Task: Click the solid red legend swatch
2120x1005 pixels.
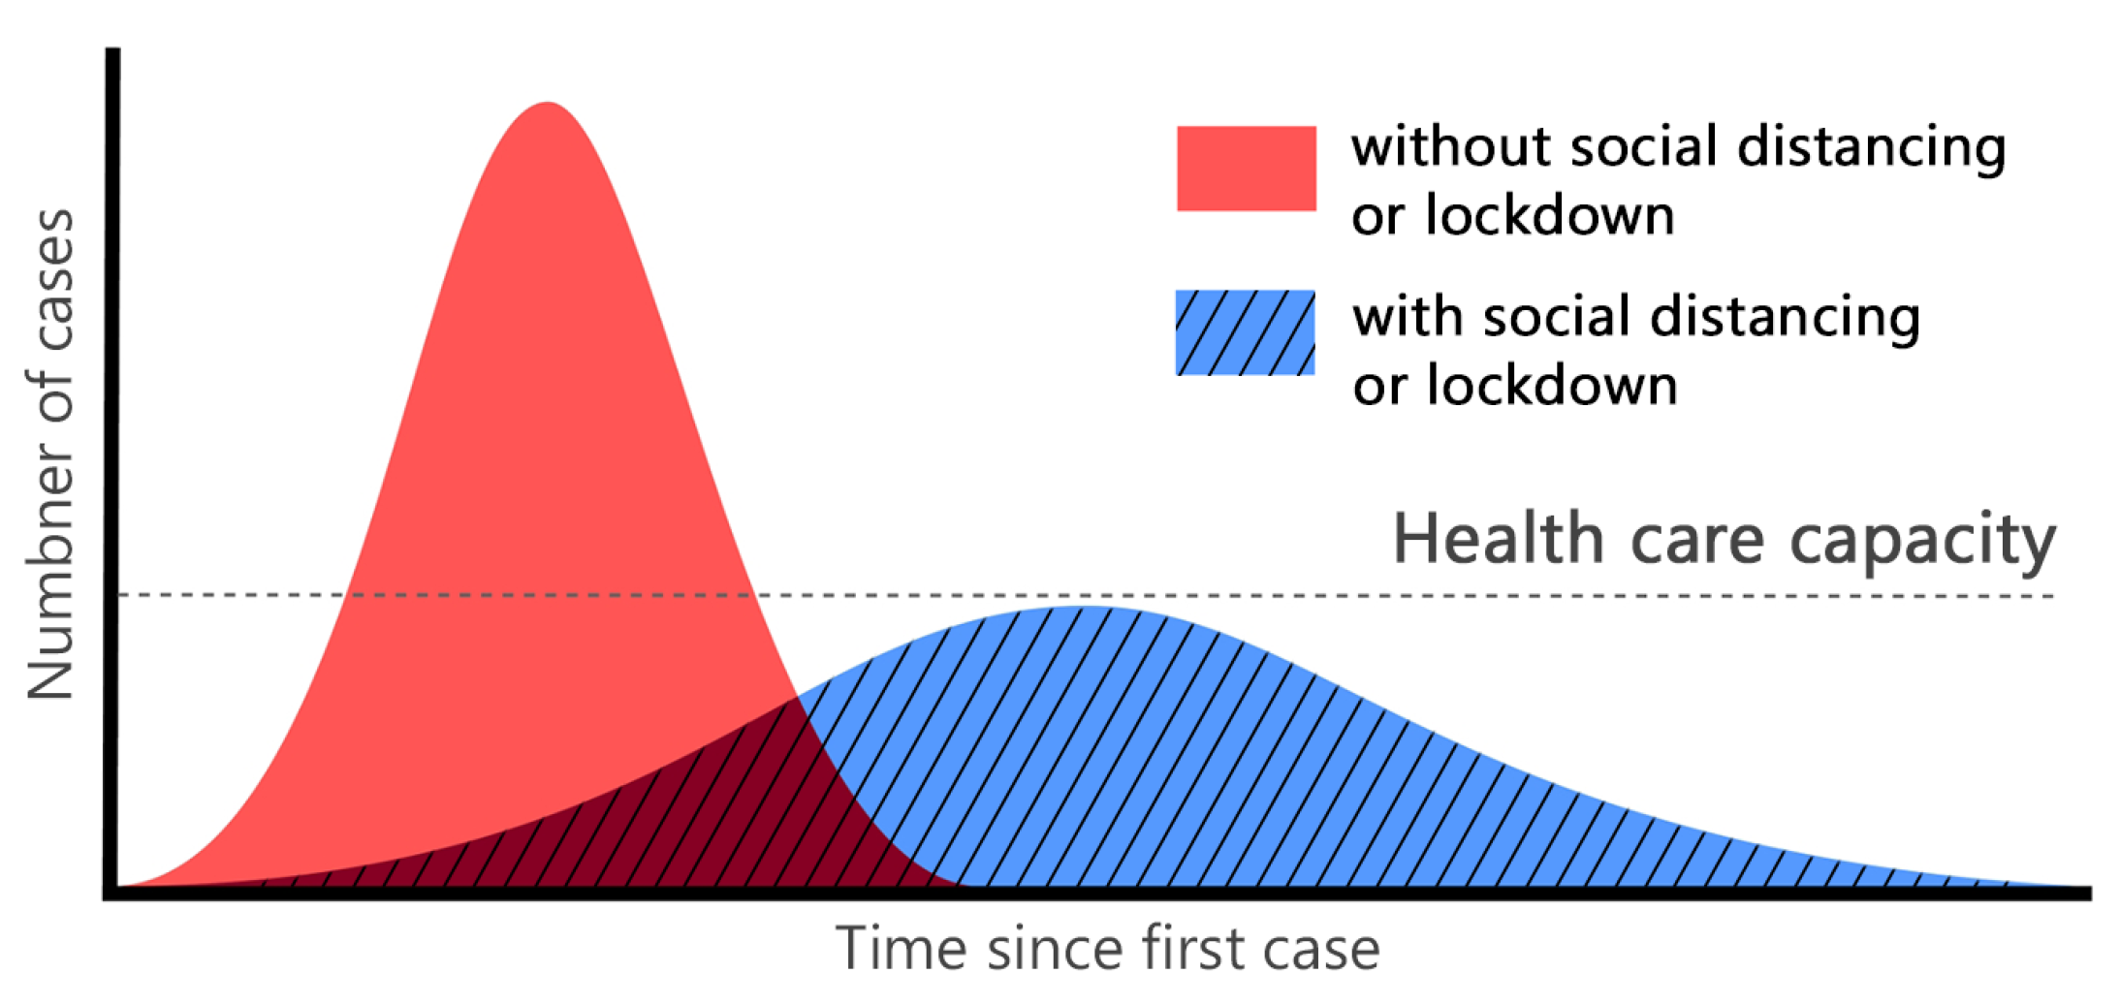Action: coord(1246,168)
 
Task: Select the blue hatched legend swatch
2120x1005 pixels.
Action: coord(1245,332)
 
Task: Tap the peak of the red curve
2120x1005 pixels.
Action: coord(548,104)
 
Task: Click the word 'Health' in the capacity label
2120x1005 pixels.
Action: coord(1499,539)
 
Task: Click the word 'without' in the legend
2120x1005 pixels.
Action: coord(1451,147)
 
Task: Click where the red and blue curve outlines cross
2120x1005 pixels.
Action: coord(797,697)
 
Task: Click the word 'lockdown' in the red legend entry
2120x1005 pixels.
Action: coord(1549,215)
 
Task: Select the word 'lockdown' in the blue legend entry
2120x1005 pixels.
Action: coord(1551,386)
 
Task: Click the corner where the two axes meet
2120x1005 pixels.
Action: coord(112,892)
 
